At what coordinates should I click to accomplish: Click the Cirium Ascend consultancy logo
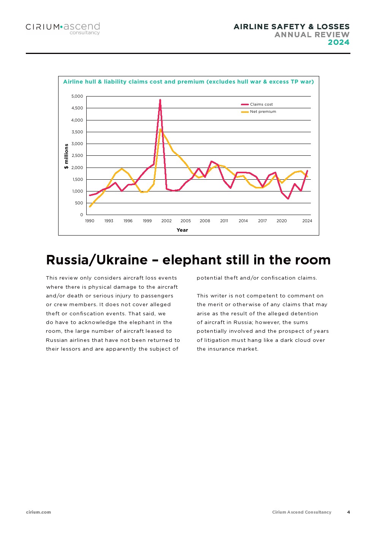pos(63,28)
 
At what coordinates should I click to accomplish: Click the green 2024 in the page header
pos(338,42)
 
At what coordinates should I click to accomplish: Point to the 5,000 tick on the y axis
pos(77,96)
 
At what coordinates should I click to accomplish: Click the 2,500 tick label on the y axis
pos(77,156)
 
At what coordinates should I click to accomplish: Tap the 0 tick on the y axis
pos(81,215)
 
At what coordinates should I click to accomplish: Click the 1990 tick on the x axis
pos(90,221)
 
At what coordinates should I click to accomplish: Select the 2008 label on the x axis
pos(205,221)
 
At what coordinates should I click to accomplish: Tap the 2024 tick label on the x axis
pos(307,221)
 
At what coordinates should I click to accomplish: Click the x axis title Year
pos(182,230)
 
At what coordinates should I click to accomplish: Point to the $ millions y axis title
pos(67,156)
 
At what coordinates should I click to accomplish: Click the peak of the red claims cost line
pos(160,100)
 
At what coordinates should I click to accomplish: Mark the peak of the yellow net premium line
pos(160,129)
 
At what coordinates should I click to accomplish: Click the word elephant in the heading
pos(195,260)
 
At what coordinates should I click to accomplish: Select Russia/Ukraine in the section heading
pos(97,260)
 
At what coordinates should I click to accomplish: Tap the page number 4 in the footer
pos(348,512)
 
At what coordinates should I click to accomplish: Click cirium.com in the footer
pos(38,512)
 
